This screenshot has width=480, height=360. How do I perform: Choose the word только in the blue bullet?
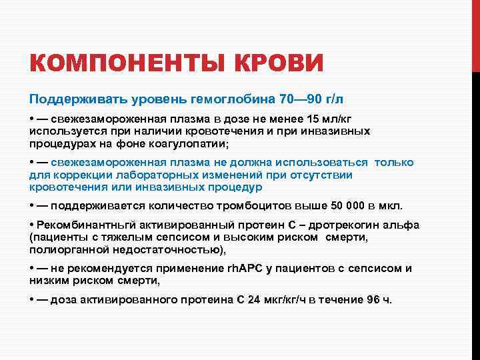point(394,163)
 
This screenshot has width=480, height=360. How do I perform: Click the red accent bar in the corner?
point(475,33)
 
